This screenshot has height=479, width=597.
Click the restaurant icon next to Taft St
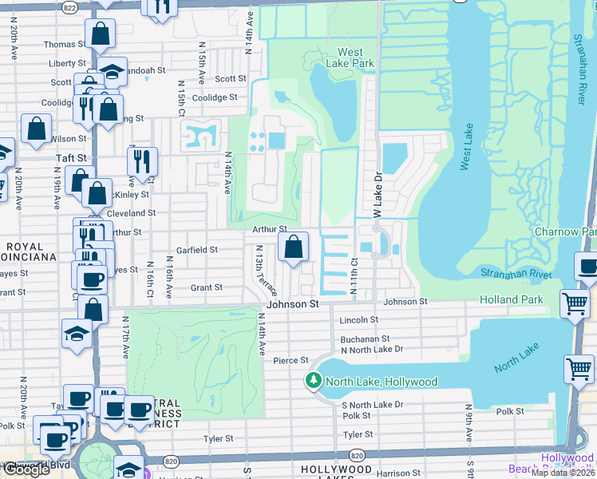point(142,161)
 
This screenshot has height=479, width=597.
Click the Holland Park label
point(511,299)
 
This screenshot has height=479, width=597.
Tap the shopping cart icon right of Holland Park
point(575,304)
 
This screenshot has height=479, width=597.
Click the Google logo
point(26,469)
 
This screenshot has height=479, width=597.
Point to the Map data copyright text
point(563,473)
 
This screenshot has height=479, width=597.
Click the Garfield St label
point(197,250)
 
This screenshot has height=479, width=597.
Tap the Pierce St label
point(291,361)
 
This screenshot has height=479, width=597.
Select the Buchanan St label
point(366,338)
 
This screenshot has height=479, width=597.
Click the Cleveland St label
point(131,214)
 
